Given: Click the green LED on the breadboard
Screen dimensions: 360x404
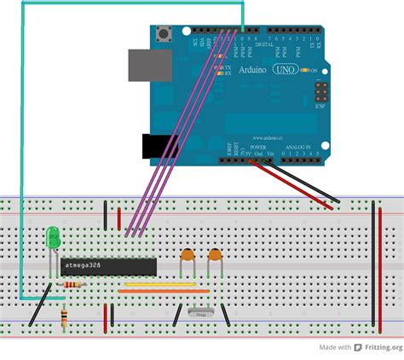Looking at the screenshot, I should click(x=53, y=236).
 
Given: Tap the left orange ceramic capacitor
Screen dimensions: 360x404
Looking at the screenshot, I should click(x=188, y=254).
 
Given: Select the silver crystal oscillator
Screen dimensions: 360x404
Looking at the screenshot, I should click(x=201, y=314).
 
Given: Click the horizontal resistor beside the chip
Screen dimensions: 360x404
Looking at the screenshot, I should click(x=71, y=284).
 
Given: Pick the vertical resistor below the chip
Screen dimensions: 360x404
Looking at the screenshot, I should click(x=66, y=317).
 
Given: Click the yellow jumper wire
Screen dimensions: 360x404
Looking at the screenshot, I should click(x=159, y=284).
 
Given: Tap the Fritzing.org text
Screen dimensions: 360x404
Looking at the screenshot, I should click(x=382, y=347).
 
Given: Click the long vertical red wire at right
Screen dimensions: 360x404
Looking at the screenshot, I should click(x=376, y=268).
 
